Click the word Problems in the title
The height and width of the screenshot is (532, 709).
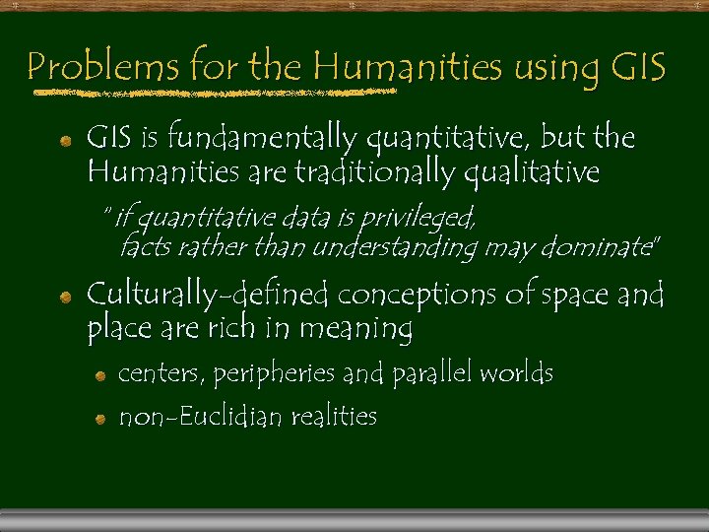point(102,68)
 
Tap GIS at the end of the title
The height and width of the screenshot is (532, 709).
point(638,68)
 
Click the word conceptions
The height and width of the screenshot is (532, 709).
point(419,295)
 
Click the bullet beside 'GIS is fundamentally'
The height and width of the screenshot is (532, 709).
point(64,141)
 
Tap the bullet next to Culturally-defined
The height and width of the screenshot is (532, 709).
point(64,297)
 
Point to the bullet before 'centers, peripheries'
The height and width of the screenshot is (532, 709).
point(100,376)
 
